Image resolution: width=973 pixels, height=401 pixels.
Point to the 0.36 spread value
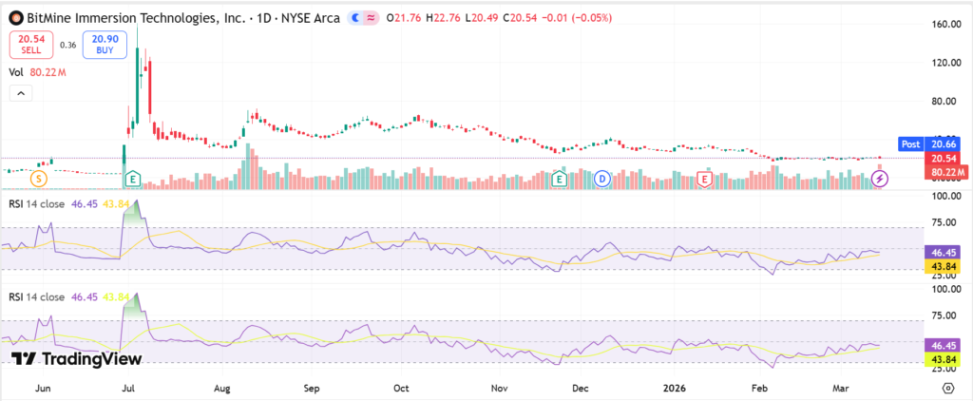67,44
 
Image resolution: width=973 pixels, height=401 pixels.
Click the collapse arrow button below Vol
20,93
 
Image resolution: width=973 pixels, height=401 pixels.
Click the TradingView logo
76,358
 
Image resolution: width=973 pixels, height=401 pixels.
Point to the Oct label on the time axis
401,388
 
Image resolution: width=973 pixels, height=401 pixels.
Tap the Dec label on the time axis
582,388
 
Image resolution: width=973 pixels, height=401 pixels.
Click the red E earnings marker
704,178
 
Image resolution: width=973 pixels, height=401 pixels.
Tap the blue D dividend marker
602,178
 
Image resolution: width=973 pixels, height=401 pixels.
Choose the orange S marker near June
38,178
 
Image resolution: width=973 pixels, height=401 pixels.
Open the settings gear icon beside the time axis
948,388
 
